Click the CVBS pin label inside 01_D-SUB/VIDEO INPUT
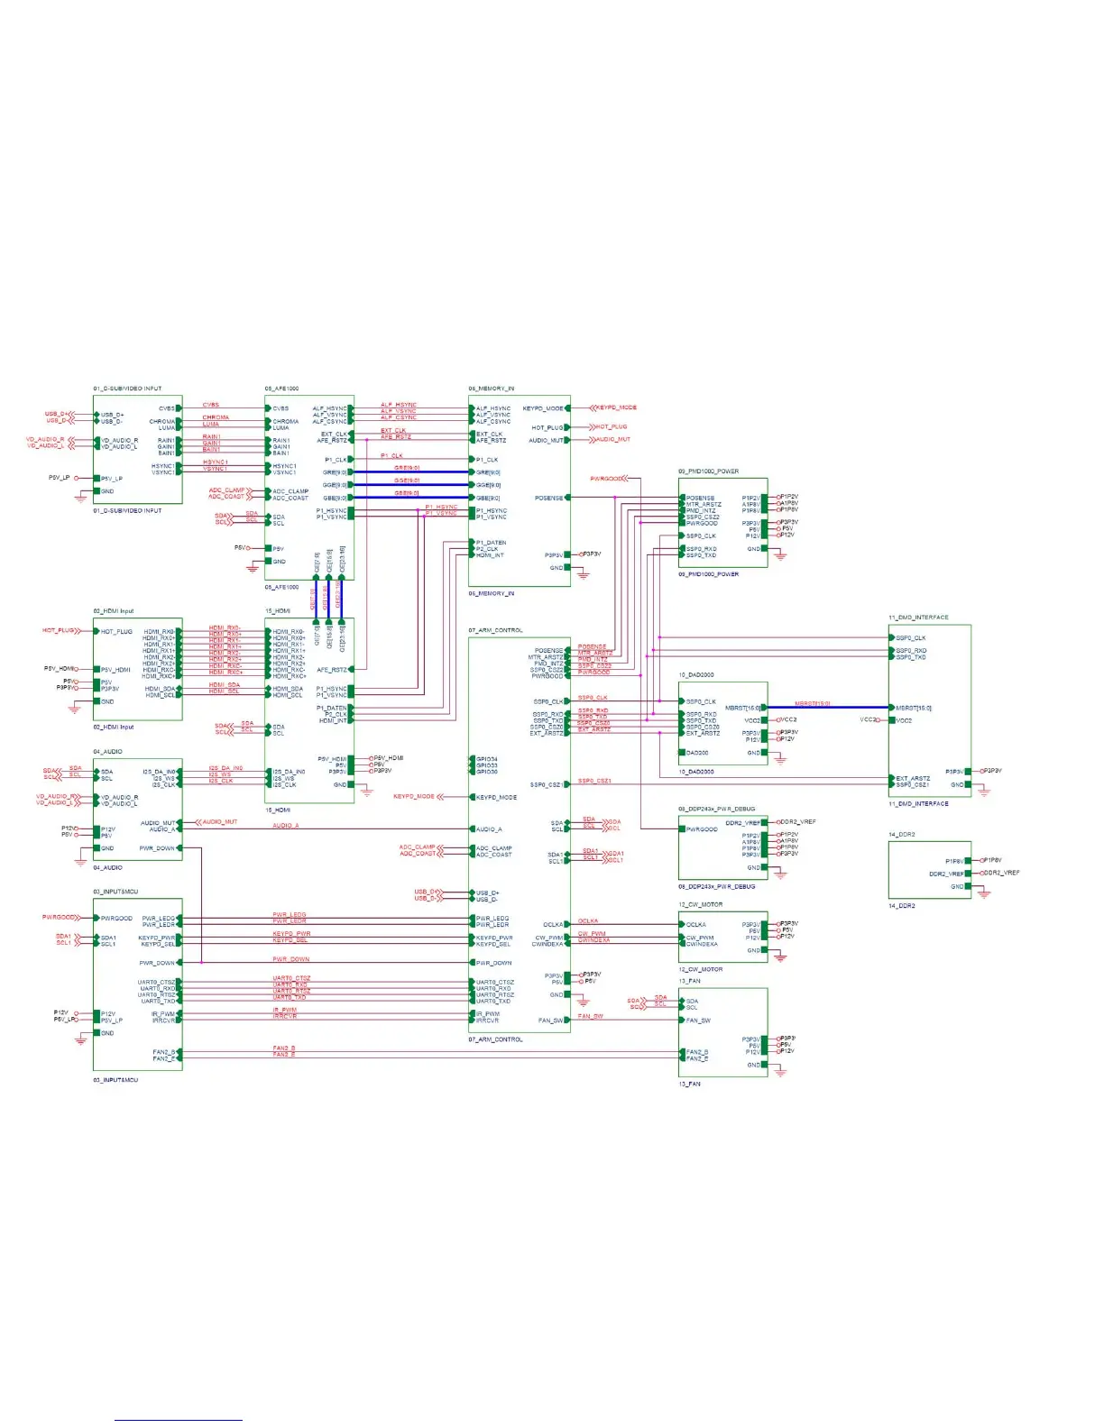coord(167,408)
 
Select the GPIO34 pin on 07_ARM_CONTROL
coord(486,759)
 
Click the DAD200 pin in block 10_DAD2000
coord(696,752)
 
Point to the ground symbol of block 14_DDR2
coord(984,893)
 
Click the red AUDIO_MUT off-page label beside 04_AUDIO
coord(218,822)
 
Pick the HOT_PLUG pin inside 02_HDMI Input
coord(116,631)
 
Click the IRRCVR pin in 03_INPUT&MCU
coord(163,1021)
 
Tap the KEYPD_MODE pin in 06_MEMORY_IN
coord(543,408)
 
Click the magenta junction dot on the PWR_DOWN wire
coord(201,963)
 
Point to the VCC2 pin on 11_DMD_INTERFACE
coord(904,720)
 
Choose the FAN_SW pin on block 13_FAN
coord(698,1021)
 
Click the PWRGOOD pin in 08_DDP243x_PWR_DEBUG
coord(702,828)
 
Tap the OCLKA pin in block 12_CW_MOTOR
coord(695,924)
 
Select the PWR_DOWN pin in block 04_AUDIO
coord(157,848)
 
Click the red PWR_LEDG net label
coord(289,915)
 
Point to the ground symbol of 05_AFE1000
coord(252,568)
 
